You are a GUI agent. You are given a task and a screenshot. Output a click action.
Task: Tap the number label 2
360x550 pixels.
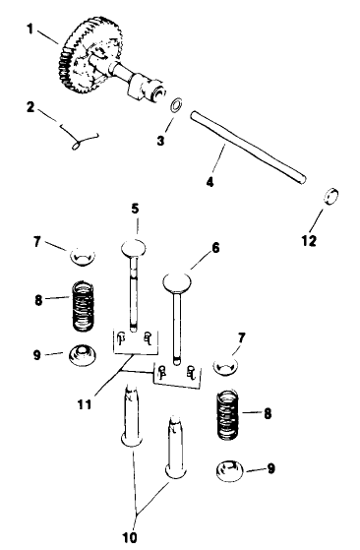tap(31, 107)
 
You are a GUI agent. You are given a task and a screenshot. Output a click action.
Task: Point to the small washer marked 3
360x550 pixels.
tap(175, 106)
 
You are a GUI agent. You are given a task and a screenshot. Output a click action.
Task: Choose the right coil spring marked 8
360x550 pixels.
tap(232, 414)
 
